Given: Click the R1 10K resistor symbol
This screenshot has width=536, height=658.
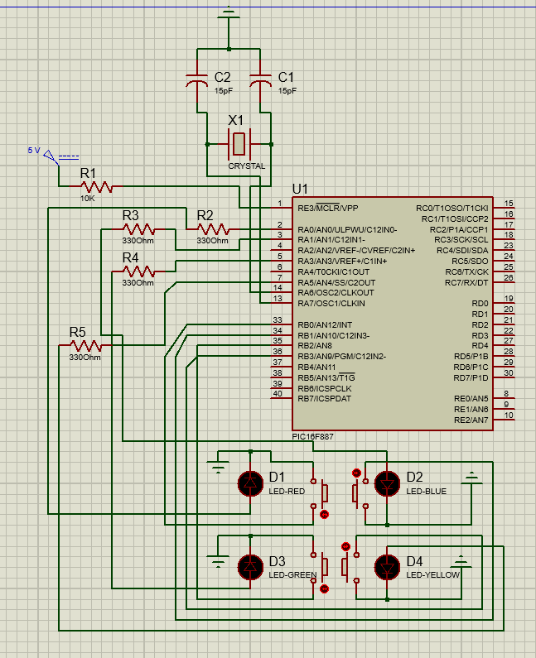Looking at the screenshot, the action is [x=97, y=187].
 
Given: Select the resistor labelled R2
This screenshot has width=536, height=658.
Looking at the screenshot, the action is [x=213, y=229].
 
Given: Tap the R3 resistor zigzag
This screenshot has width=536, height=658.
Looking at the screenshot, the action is [x=138, y=229].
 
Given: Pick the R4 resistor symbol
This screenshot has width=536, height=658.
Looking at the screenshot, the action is [x=138, y=271].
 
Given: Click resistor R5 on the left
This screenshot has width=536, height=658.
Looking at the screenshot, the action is [x=85, y=345].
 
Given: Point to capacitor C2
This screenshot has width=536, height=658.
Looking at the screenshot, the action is [x=197, y=80].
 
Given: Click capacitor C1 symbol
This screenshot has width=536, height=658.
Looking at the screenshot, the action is [x=260, y=80].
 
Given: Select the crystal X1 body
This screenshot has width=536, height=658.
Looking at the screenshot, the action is [x=239, y=144].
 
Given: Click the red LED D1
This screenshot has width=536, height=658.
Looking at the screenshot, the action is [x=250, y=483].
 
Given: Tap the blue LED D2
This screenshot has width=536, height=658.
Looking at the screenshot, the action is [x=387, y=483].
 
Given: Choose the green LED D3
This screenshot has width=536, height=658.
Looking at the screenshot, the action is [x=250, y=567].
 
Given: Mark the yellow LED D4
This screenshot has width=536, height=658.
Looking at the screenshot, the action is [x=387, y=567].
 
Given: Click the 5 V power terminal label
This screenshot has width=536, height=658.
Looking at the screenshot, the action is [x=34, y=151].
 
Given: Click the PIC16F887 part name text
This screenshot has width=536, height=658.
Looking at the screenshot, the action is [x=312, y=436].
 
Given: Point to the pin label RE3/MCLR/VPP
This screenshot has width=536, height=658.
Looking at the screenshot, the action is [x=328, y=208].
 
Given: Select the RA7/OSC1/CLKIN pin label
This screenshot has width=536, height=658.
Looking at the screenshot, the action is [x=331, y=304].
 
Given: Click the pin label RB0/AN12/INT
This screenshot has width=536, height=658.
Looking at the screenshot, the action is [x=325, y=324].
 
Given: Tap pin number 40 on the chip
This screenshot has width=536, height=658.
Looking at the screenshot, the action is [x=278, y=394].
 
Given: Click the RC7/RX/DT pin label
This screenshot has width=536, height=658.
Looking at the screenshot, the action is [x=466, y=283].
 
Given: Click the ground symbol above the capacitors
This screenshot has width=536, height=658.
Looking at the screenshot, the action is [x=229, y=14].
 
